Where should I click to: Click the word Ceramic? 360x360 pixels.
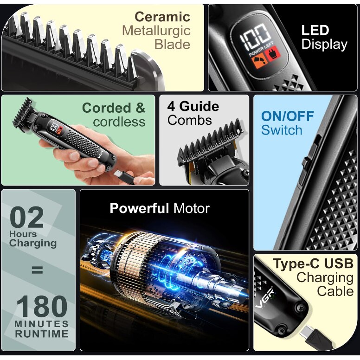162,17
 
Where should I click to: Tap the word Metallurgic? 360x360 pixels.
156,31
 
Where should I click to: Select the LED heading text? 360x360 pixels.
315,31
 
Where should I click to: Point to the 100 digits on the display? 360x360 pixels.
256,36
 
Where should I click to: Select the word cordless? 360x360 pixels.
119,122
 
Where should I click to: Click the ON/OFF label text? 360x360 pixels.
287,116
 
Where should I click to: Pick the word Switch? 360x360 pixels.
282,130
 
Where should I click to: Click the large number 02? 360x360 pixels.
27,218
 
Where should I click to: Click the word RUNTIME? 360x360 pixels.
41,334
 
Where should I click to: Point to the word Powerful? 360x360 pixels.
140,208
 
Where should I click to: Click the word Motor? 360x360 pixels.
192,208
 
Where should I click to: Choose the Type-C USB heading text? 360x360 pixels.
313,264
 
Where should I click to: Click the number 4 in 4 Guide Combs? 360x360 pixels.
171,106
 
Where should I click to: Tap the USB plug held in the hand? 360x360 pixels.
125,176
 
